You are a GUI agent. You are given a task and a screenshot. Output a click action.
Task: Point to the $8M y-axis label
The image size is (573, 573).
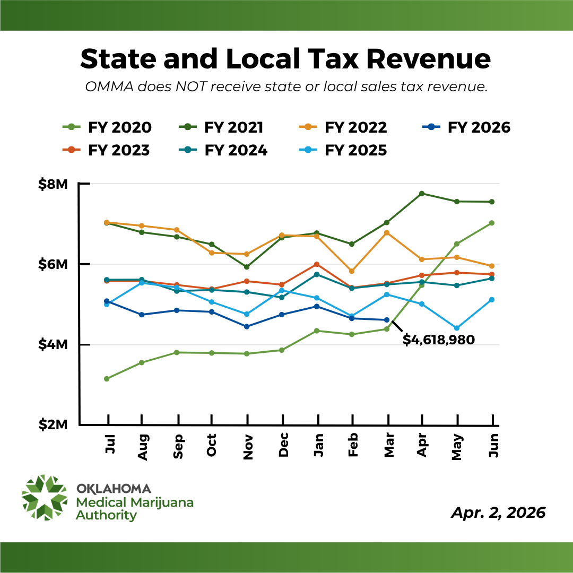coord(53,184)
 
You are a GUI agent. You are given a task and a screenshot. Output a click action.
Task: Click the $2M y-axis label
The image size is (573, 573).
coord(53,425)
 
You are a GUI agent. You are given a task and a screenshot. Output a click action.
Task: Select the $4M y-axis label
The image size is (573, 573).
coord(53,345)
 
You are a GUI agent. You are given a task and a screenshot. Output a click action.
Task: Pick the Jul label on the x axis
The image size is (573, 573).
coord(109,443)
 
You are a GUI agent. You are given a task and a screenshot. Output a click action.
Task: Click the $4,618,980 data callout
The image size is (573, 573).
coord(438,340)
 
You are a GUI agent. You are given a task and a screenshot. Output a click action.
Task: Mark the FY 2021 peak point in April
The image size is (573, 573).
coord(422,194)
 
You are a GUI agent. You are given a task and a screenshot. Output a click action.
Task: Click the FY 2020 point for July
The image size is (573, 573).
coord(107,379)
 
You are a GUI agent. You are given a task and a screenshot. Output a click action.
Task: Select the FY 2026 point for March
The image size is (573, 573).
coord(387,320)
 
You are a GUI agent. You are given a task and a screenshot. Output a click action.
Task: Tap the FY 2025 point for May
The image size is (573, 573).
coord(457,328)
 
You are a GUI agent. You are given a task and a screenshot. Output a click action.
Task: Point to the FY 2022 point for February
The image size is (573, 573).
coord(352,271)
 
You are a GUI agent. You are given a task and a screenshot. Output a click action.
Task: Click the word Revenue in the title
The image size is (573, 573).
coord(429,59)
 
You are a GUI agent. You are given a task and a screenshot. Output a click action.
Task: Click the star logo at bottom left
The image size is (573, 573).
coord(45,498)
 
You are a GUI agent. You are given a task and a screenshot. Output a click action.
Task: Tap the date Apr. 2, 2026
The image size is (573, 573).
coord(498,513)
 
